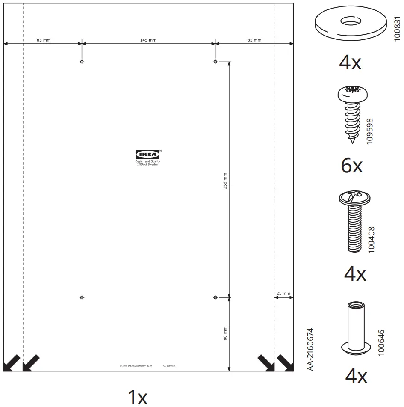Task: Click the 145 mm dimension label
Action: point(148,40)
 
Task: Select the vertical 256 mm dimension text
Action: point(225,180)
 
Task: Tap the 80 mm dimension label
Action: point(225,333)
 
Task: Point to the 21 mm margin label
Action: point(283,294)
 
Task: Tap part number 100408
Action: point(371,240)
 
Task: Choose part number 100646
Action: point(381,342)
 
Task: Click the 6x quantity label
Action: point(351,166)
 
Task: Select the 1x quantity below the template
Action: point(138,397)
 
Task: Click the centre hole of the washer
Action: point(349,20)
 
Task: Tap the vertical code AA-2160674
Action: point(311,349)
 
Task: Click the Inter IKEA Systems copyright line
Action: point(136,366)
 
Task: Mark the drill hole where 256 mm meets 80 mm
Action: point(215,297)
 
